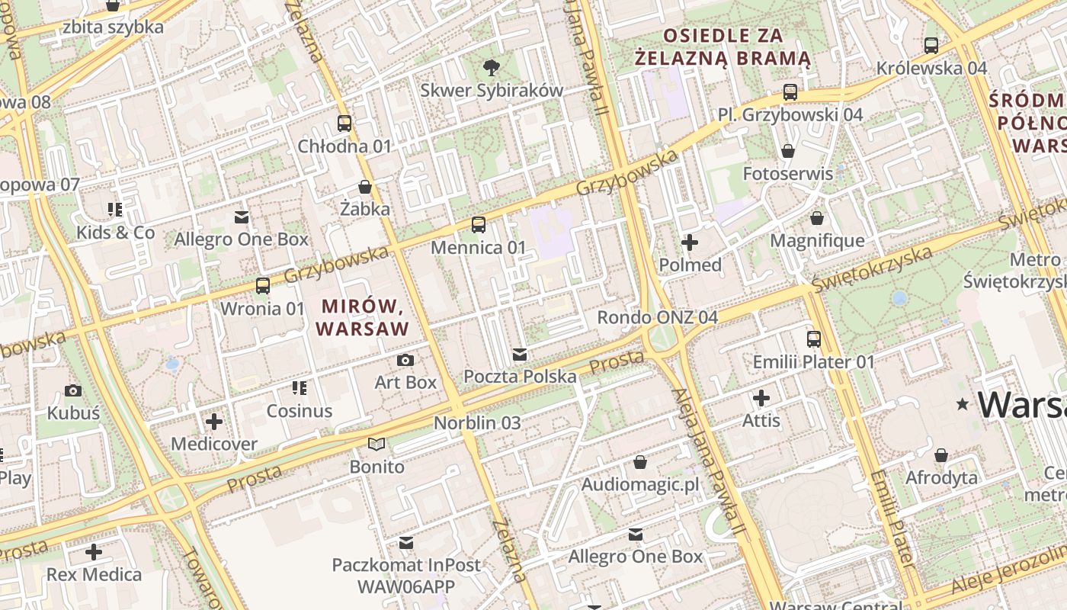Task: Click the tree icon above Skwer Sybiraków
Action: pos(492,67)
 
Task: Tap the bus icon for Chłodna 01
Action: pos(344,123)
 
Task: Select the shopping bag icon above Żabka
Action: pos(365,187)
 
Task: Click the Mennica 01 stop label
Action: pos(478,248)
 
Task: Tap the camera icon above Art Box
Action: pos(405,360)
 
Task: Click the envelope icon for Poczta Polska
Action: pos(520,354)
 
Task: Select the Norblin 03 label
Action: pos(477,422)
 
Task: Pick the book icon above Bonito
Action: pos(376,444)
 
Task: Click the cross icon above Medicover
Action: pos(214,421)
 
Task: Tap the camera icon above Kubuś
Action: pos(73,390)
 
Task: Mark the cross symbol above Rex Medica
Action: pos(94,551)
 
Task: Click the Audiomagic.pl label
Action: pos(639,485)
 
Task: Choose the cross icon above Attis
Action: pos(761,398)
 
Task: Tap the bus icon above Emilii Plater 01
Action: pos(813,339)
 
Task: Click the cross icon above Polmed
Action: pos(689,242)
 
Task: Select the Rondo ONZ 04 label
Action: pos(657,317)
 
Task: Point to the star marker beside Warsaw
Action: pos(963,404)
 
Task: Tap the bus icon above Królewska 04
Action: pos(931,45)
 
